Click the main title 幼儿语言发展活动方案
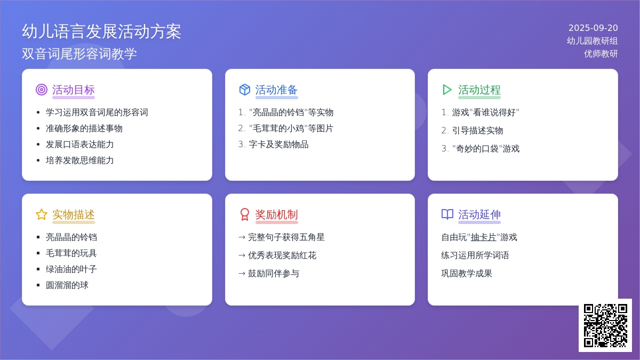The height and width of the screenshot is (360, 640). coord(101,31)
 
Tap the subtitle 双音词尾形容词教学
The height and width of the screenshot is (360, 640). coord(79,54)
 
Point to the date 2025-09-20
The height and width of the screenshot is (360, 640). coord(593,28)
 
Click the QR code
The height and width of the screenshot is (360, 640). coord(605,325)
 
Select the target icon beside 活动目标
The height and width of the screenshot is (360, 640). coord(42,90)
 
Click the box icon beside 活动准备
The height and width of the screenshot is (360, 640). coord(245,90)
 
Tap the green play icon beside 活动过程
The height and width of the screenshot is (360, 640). coord(447,90)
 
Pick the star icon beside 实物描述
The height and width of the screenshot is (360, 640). coord(42,214)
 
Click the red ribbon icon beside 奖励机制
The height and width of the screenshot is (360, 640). coord(245,214)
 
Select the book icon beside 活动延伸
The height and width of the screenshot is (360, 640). coord(447,214)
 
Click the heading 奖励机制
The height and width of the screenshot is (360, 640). coord(276,214)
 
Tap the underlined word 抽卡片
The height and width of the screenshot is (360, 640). coord(483,237)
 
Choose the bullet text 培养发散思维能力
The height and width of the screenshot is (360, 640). coord(79,161)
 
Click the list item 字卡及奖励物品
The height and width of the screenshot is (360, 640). coord(278,145)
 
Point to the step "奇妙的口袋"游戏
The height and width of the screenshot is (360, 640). coord(486,149)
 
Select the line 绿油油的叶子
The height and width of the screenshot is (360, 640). coord(71,269)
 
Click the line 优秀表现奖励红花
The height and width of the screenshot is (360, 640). coord(282,255)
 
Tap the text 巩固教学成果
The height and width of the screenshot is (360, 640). coord(467,274)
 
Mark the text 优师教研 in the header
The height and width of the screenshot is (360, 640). coord(601,54)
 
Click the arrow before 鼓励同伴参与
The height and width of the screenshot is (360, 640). coord(242,274)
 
